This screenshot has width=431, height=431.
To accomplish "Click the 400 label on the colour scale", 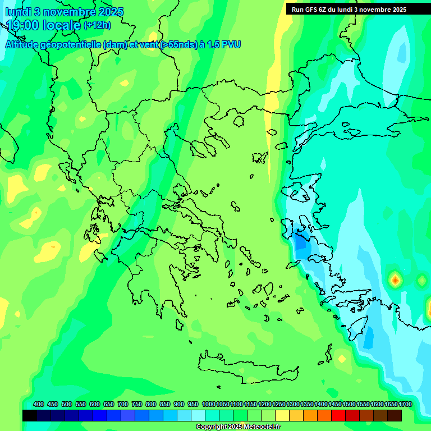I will (x=39, y=404).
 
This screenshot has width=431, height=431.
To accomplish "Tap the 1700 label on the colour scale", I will (x=405, y=404).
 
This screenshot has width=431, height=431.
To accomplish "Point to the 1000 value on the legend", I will (x=209, y=404).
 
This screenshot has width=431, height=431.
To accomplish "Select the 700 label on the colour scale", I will (x=123, y=404).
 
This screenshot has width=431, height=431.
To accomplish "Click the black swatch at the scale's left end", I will (x=30, y=415).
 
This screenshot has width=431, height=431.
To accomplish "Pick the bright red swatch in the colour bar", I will (x=338, y=415).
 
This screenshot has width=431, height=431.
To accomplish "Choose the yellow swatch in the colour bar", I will (x=282, y=415).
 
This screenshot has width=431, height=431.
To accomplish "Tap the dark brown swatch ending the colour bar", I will (x=395, y=415).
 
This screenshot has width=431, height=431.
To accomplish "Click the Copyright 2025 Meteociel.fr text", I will (x=238, y=427).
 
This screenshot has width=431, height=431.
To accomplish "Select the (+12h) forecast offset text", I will (x=97, y=25).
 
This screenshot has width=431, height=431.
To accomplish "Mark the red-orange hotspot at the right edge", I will (x=396, y=279).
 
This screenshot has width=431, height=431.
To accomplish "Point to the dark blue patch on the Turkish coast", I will (x=301, y=245).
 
